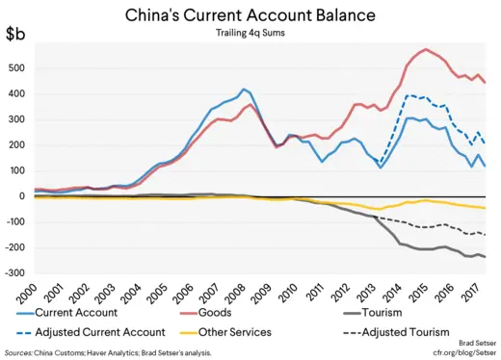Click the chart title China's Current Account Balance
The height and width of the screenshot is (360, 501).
coord(250,16)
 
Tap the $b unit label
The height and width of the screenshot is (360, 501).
coord(16,36)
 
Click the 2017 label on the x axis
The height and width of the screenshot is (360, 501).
coord(471,289)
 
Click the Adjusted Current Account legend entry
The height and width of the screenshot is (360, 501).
coord(100,332)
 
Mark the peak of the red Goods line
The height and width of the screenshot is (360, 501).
coord(425,49)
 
